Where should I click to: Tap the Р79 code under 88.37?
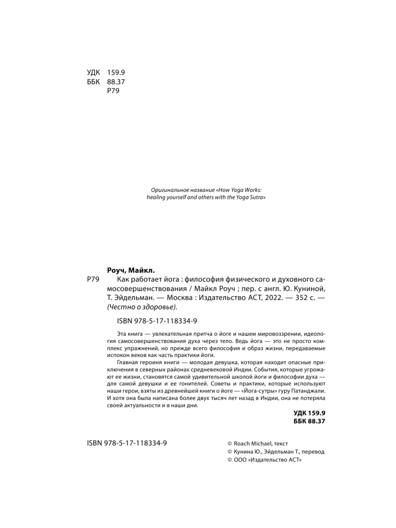pos(114,91)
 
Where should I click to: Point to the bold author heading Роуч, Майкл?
pos(131,270)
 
